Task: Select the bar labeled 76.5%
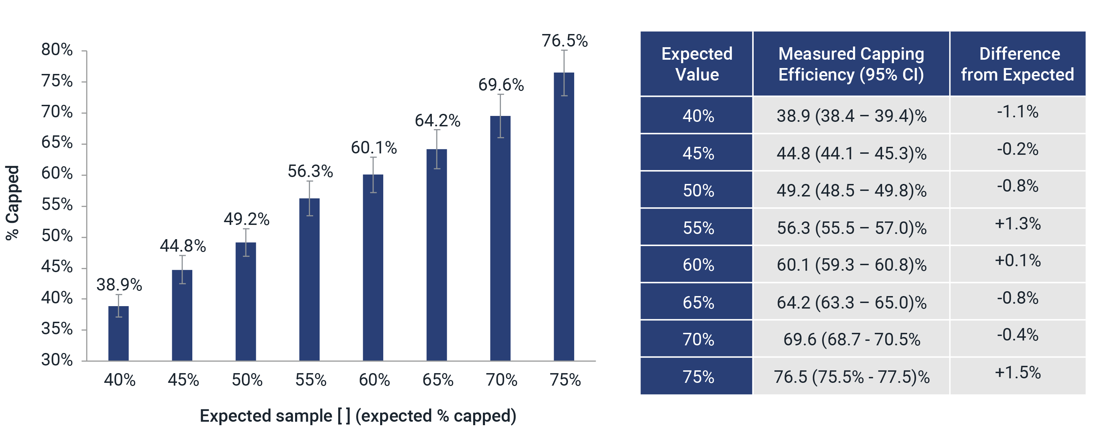[564, 217]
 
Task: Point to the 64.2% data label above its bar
[437, 121]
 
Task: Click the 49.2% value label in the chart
[246, 219]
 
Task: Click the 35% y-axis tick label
[57, 329]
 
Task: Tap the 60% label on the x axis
[374, 380]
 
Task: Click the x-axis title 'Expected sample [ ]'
[358, 416]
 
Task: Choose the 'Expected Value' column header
[697, 64]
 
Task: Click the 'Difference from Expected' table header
[1018, 64]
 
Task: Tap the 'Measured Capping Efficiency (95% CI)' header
[851, 64]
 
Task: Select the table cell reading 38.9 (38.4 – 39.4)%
[851, 116]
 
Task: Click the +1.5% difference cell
[1018, 373]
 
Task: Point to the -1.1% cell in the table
[1018, 111]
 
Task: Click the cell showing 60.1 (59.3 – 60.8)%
[851, 265]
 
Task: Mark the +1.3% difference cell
[1018, 224]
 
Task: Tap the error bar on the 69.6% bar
[501, 116]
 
